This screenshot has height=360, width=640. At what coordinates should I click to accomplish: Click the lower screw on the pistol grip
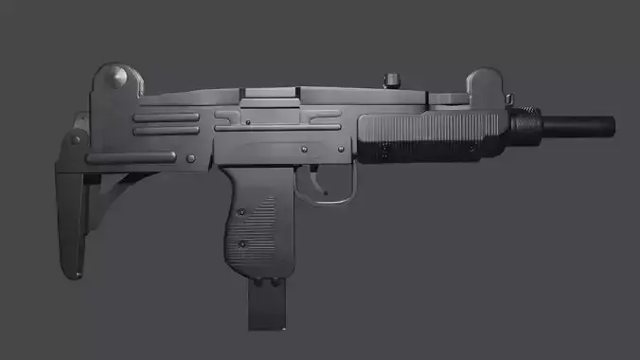coord(243,245)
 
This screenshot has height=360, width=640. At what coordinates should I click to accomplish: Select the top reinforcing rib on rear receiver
coord(166,118)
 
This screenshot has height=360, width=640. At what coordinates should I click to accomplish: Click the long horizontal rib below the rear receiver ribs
coord(142,158)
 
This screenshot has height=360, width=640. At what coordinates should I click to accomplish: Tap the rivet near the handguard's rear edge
coord(384,148)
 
